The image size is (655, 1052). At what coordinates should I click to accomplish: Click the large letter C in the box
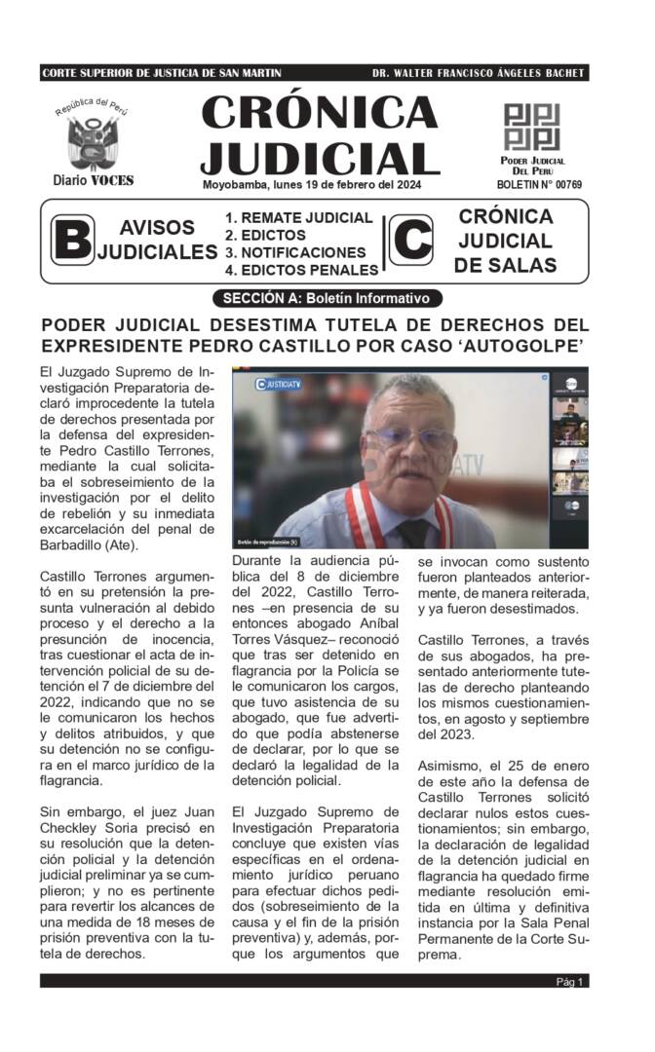[410, 240]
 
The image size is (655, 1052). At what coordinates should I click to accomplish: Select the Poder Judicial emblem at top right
[532, 127]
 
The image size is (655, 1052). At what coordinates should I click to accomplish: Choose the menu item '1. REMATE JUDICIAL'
[298, 218]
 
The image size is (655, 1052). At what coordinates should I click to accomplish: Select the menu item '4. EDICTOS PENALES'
[301, 270]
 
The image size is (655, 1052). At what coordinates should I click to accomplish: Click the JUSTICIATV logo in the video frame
[279, 383]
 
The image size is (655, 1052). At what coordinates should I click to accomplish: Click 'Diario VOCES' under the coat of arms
[94, 180]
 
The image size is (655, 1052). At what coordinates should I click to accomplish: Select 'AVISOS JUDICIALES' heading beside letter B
[156, 240]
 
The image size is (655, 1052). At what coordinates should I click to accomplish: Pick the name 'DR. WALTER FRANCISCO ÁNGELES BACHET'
[479, 73]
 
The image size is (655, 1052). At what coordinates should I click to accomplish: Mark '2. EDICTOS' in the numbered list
[265, 236]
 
